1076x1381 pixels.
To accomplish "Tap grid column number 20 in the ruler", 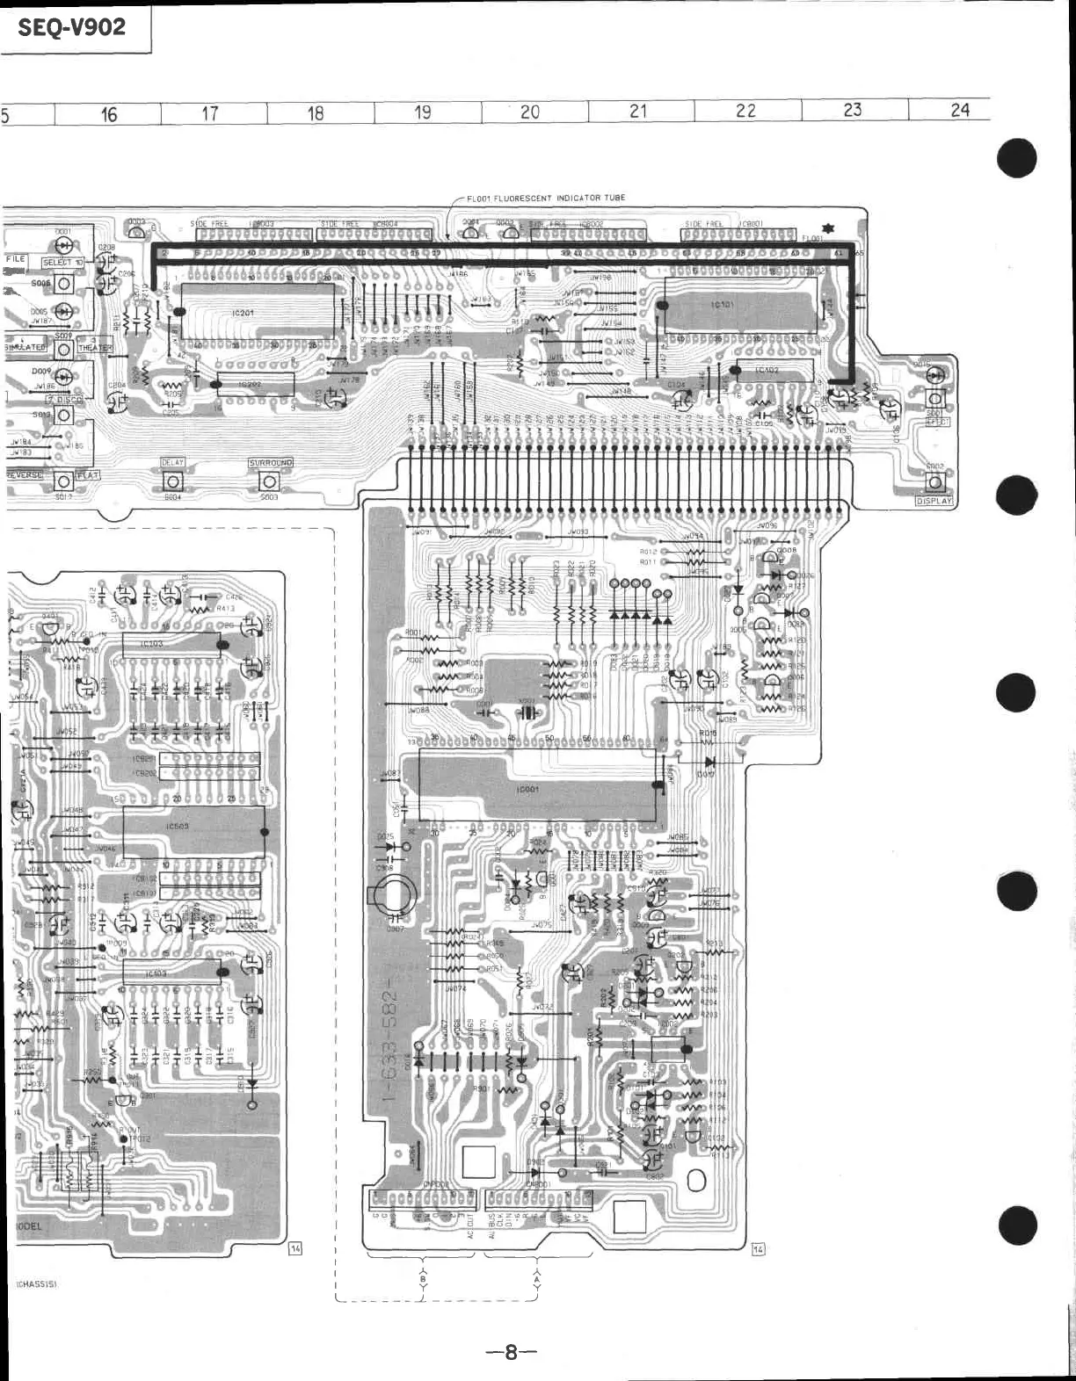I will pos(530,112).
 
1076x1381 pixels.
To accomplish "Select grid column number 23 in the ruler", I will pos(852,110).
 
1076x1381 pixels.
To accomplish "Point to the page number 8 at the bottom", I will pos(510,1353).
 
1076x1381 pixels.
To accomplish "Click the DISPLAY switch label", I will pos(934,501).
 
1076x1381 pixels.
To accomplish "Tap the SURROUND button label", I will pos(270,463).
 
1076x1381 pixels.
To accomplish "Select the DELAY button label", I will pos(172,462).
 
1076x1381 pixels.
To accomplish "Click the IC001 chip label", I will pos(529,789).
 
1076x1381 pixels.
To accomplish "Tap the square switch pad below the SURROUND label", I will pos(269,481).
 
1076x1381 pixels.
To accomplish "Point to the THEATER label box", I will pos(94,347).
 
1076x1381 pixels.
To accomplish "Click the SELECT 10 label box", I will pos(62,263).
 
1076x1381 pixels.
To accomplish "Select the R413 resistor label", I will pos(225,608).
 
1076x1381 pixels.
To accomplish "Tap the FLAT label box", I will pos(88,475).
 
